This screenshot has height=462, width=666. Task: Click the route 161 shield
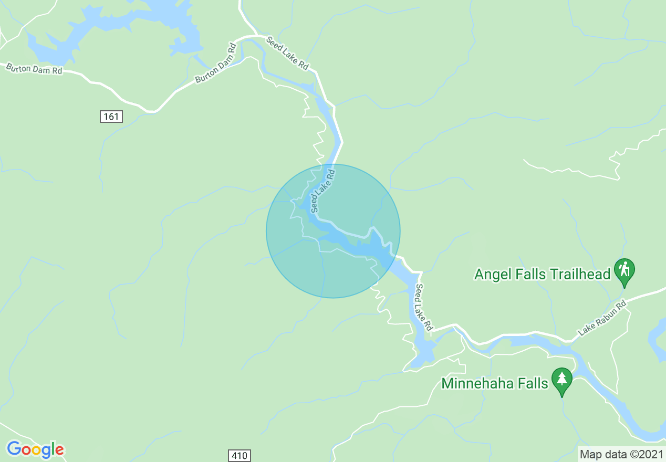111,117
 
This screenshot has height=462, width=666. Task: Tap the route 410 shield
239,455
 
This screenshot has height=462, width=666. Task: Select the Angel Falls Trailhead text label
542,274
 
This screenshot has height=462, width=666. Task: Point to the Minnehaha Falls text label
495,383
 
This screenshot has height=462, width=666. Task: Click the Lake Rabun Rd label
603,318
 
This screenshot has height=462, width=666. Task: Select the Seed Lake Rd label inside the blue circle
322,190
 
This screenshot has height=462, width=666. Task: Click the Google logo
35,449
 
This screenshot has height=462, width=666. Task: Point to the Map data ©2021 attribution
621,454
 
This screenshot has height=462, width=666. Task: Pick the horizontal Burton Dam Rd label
34,69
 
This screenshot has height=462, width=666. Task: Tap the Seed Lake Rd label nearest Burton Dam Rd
287,53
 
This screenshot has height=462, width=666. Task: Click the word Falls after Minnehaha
530,383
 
